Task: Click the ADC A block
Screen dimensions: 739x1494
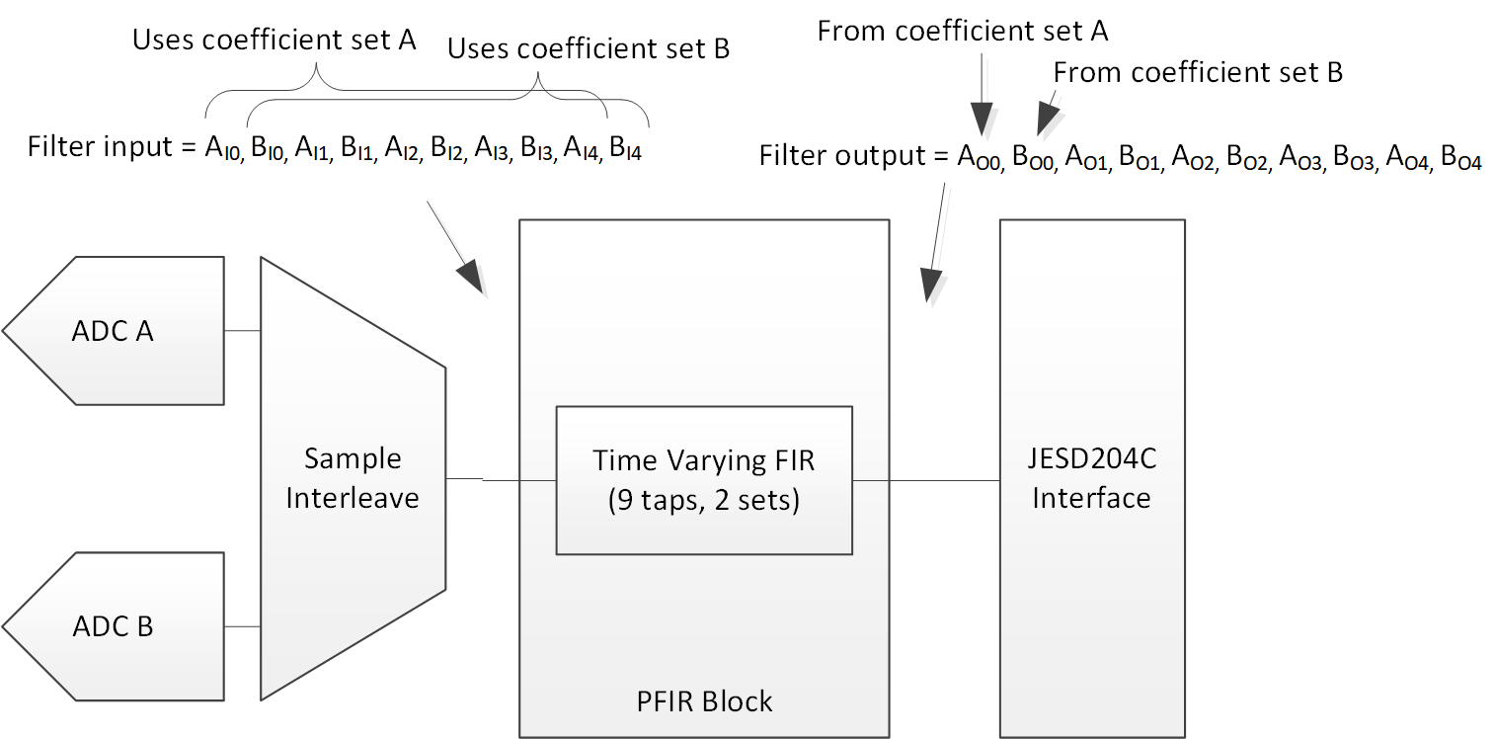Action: tap(114, 331)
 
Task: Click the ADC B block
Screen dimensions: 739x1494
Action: tap(114, 626)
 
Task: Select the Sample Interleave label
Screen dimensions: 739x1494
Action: tap(353, 478)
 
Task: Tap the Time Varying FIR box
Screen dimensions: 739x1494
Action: tap(703, 480)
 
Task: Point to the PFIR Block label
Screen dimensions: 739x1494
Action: tap(704, 701)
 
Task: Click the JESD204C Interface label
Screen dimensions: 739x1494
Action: tap(1091, 479)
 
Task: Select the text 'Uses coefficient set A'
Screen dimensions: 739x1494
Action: tap(274, 40)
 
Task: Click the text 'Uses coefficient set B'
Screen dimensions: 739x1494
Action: tap(589, 48)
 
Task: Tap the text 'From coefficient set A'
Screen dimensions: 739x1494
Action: tap(963, 32)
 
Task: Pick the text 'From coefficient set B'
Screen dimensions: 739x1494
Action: tap(1198, 72)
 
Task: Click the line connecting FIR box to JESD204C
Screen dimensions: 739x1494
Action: tap(925, 481)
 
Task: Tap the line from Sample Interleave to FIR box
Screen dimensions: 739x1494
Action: tap(501, 480)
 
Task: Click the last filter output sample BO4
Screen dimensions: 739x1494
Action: tap(1460, 157)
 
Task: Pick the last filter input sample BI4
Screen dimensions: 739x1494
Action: tap(625, 149)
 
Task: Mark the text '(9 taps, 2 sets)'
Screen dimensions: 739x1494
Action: tap(703, 499)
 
